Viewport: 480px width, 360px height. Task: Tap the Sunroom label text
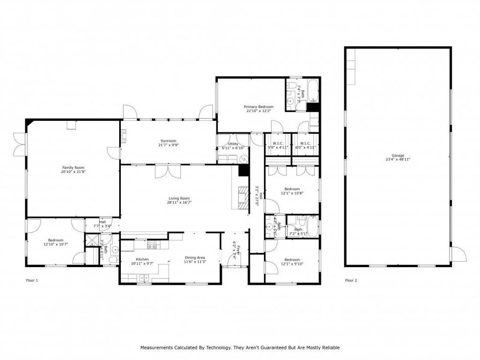click(168, 143)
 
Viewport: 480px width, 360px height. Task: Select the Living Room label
click(179, 200)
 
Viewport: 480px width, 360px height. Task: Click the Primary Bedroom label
click(258, 109)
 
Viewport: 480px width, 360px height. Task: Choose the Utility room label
click(233, 146)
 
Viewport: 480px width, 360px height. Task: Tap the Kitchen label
click(142, 261)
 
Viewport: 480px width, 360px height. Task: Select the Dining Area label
click(195, 260)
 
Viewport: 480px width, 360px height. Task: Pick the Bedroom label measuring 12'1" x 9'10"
click(292, 262)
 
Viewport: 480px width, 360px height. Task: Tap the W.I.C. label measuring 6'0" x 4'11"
click(305, 145)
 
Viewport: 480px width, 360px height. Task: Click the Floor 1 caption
click(31, 280)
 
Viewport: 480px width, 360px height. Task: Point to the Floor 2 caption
click(351, 280)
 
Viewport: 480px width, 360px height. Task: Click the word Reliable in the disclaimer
click(329, 348)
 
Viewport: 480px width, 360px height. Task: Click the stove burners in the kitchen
click(152, 245)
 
